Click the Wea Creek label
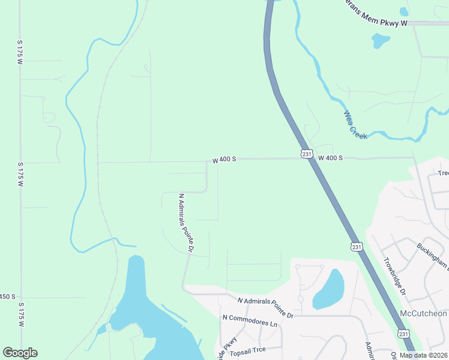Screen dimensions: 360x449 coord(355,125)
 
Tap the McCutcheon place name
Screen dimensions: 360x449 coord(424,314)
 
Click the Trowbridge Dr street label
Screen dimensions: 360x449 coord(395,276)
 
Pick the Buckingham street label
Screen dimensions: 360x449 coord(433,256)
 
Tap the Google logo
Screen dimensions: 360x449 coord(20,353)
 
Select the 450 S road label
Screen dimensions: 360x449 coord(8,297)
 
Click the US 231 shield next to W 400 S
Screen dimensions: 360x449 coord(307,154)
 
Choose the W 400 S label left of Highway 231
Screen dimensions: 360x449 coord(224,160)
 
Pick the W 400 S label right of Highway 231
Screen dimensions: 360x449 coord(330,158)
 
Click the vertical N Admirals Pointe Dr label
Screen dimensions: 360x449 coord(186,222)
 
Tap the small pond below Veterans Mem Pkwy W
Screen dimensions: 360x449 coord(380,41)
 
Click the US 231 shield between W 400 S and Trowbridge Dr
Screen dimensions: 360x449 coord(357,247)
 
